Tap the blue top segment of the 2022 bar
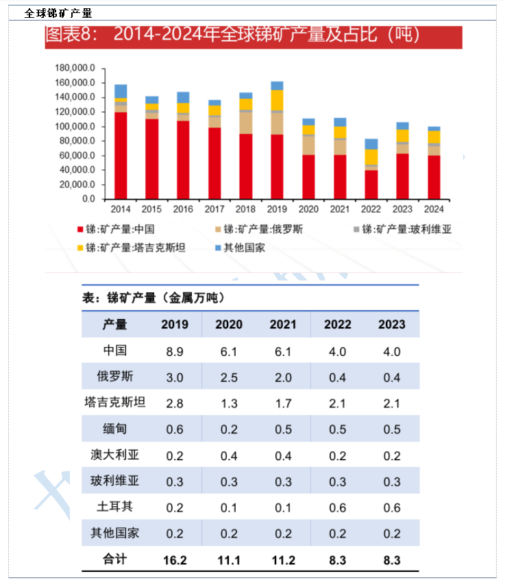(x=371, y=144)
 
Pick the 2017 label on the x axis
(x=214, y=208)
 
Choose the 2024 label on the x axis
(x=433, y=208)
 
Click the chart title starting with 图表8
(x=233, y=36)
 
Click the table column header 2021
(x=282, y=324)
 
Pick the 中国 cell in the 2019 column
(x=175, y=351)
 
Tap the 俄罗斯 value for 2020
(x=229, y=377)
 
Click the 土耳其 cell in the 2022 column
(x=337, y=508)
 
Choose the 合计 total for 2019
(x=175, y=560)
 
